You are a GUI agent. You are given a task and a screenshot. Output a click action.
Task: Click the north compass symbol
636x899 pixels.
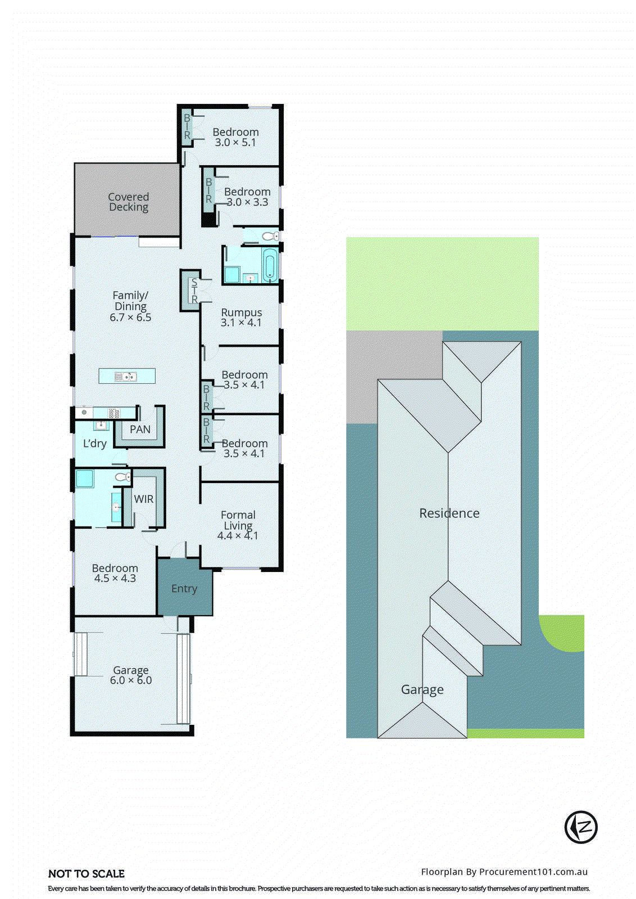coord(580,827)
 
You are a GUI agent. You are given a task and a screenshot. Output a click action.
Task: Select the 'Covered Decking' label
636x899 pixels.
coord(129,202)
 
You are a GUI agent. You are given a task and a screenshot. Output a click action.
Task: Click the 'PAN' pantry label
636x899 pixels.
coord(140,429)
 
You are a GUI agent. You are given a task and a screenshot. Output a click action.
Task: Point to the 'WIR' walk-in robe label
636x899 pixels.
coord(144,499)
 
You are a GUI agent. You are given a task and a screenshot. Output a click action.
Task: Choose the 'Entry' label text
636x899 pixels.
coord(184,588)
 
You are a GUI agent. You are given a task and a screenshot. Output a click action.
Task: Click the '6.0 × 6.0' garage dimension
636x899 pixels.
coord(131,680)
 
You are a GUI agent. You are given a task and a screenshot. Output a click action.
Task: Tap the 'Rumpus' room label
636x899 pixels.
coord(242,312)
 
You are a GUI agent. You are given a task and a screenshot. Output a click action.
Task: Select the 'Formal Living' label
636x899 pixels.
coord(238,520)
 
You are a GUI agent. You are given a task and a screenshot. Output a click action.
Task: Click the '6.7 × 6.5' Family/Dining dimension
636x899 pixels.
coord(130,317)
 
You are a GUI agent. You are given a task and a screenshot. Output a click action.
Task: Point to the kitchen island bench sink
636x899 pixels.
coord(126,376)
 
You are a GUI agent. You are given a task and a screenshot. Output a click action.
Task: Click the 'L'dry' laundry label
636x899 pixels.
coord(94,443)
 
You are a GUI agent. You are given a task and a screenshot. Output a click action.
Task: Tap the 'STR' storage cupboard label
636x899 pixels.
coord(194,291)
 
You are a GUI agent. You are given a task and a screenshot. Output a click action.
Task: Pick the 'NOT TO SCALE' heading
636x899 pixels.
coord(87,874)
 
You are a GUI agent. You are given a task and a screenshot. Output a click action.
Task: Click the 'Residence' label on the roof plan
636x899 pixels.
coord(449,513)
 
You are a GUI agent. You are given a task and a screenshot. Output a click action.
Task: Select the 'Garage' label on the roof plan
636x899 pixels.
coord(423,689)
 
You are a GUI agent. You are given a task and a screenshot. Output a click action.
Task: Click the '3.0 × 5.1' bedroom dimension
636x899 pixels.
coord(235,143)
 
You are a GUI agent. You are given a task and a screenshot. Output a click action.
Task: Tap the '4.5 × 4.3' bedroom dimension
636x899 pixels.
coord(115,579)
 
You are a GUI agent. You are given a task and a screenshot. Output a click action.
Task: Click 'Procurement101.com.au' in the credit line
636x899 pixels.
coord(533,871)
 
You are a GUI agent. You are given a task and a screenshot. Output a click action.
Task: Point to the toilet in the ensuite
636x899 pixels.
coord(122,477)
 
